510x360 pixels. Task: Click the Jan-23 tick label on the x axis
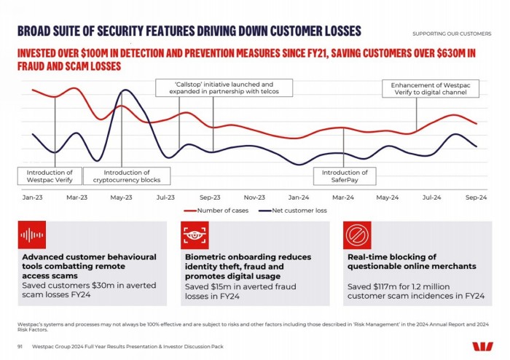[x=32, y=197]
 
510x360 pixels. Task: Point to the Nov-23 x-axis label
[x=254, y=197]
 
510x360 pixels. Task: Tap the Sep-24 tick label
[x=476, y=197]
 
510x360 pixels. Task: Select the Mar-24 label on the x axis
[x=343, y=197]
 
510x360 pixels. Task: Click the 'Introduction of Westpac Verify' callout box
[x=50, y=176]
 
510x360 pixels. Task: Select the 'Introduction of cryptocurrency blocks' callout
[x=126, y=176]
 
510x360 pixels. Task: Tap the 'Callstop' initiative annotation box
[x=224, y=87]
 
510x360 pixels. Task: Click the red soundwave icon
[x=32, y=235]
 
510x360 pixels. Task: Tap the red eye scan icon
[x=195, y=235]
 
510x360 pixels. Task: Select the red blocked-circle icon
[x=357, y=235]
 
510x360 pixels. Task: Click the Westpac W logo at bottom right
[x=482, y=346]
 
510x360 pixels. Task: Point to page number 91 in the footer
[x=20, y=346]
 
